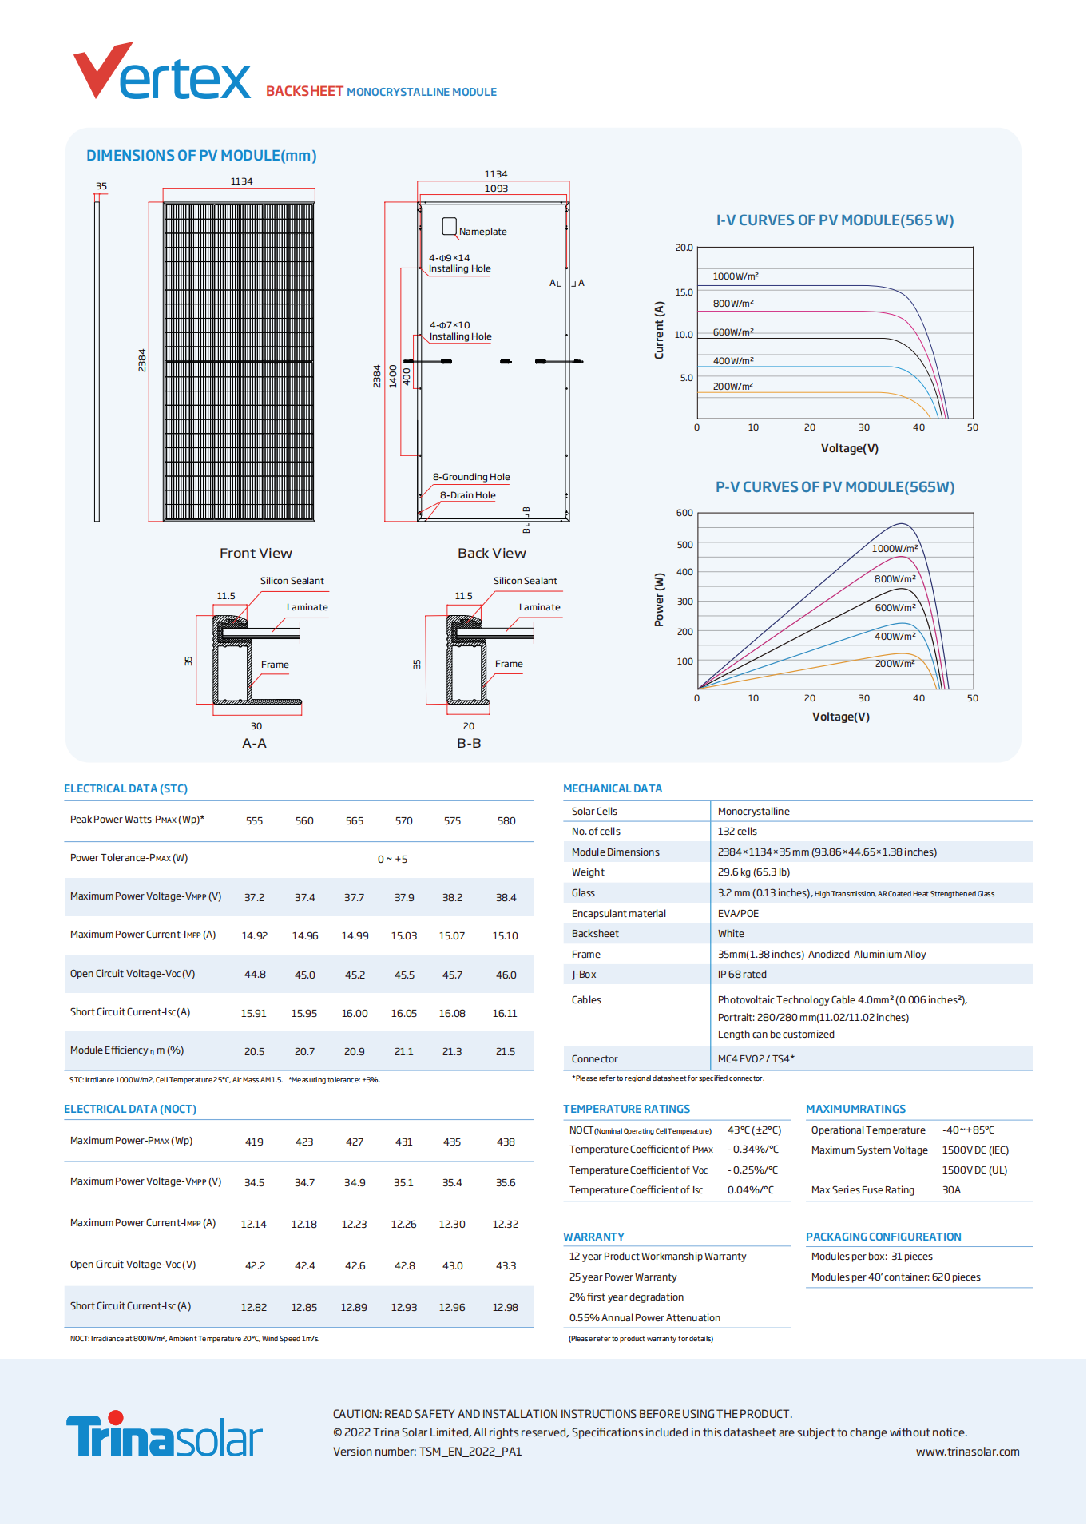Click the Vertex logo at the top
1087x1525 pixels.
tap(162, 73)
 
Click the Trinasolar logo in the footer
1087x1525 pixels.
tap(164, 1435)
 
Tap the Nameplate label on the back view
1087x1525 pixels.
tap(482, 232)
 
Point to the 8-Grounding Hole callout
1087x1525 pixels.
tap(471, 477)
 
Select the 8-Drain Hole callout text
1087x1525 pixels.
tap(467, 495)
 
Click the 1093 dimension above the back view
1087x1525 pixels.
tap(496, 189)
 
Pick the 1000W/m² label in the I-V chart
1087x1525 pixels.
tap(736, 276)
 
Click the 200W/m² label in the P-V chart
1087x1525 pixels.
tap(895, 664)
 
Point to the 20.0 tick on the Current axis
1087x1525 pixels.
tap(684, 248)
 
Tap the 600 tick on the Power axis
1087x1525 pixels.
tap(684, 513)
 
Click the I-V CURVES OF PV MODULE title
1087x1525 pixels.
tap(835, 220)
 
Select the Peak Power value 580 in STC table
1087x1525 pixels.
tap(506, 821)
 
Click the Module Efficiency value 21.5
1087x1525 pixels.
tap(506, 1052)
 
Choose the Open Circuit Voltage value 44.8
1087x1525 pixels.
tap(255, 975)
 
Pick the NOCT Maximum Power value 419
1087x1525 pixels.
tap(254, 1142)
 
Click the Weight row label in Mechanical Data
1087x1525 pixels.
tap(588, 872)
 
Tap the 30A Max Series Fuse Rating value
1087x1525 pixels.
tap(951, 1190)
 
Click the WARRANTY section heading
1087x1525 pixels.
tap(593, 1237)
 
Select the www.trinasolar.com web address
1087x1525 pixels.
tap(967, 1452)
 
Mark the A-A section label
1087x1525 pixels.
tap(254, 743)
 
